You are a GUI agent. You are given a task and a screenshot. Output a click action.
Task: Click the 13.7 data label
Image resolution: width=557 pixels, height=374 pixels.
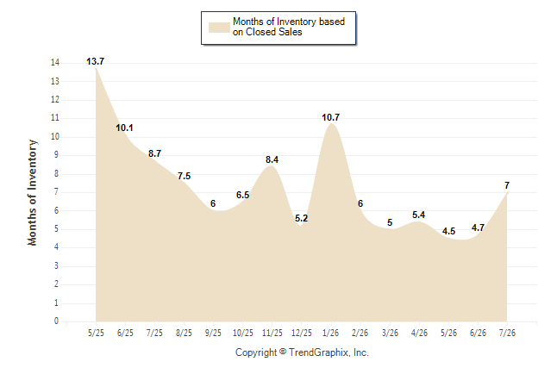click(95, 61)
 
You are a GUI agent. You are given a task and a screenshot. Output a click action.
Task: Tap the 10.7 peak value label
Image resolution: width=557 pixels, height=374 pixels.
click(331, 117)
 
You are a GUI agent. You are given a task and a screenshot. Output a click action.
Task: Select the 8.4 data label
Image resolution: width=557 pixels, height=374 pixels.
click(272, 159)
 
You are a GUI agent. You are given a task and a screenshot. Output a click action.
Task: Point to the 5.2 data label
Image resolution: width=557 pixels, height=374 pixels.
click(302, 218)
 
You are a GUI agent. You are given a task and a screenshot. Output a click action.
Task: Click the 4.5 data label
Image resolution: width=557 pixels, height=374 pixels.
click(448, 232)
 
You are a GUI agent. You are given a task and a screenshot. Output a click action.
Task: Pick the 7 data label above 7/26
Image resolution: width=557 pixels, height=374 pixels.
click(507, 185)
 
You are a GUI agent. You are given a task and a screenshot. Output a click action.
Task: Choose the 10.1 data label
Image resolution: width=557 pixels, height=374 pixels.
click(124, 128)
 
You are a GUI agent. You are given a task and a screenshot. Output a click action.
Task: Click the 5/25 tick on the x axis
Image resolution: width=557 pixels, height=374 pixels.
click(96, 333)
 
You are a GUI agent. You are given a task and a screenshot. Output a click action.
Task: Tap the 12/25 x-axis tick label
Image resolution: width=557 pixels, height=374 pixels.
click(302, 333)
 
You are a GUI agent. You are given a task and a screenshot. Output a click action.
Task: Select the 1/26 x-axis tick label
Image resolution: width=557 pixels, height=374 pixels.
click(331, 333)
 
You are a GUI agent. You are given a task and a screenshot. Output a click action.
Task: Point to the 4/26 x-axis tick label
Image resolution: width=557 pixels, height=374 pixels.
click(419, 333)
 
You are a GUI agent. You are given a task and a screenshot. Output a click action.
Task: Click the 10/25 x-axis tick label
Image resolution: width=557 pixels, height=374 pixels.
click(243, 333)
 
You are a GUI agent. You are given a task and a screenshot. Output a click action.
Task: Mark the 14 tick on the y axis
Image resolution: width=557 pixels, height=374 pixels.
click(55, 63)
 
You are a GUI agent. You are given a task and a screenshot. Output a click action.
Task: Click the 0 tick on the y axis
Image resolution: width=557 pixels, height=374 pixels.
click(56, 321)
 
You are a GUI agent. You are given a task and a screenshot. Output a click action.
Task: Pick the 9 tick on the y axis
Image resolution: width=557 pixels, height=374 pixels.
click(56, 155)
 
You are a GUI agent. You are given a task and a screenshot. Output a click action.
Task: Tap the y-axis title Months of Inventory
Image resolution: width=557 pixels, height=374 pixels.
click(32, 192)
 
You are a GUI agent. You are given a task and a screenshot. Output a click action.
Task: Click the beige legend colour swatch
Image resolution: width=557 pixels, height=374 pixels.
click(219, 28)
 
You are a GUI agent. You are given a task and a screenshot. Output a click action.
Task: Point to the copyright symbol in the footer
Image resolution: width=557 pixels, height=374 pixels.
click(283, 352)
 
